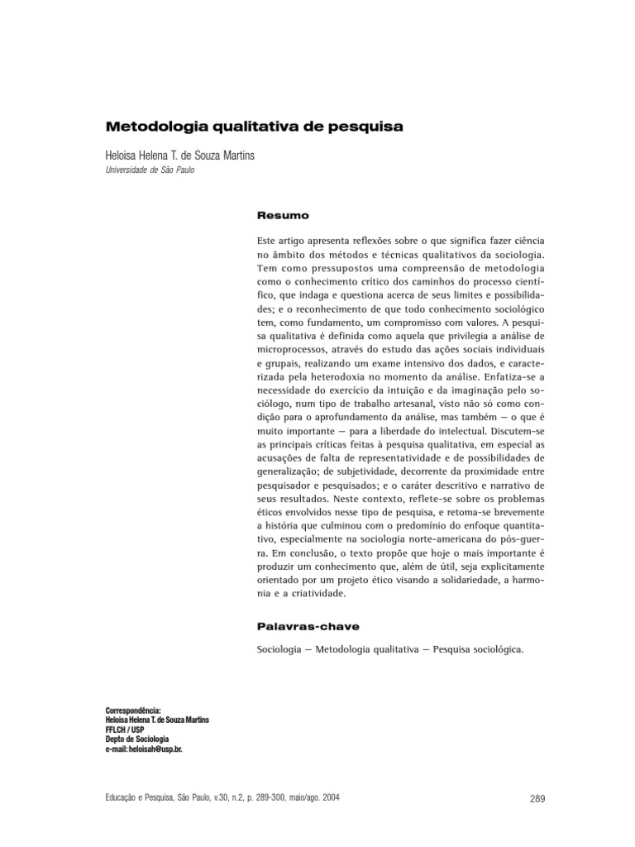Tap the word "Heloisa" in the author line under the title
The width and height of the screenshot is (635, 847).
point(123,156)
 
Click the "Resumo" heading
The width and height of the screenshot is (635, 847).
point(283,216)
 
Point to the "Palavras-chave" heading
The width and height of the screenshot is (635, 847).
point(308,626)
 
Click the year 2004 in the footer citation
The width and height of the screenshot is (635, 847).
point(327,799)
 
